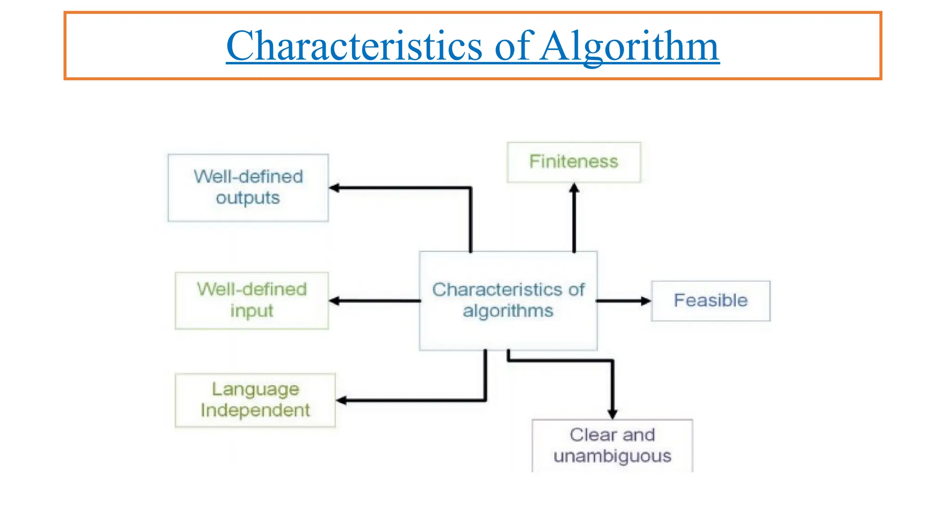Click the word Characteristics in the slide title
pyautogui.click(x=354, y=46)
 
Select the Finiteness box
pyautogui.click(x=574, y=162)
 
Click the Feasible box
pyautogui.click(x=710, y=301)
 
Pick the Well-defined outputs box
pyautogui.click(x=248, y=187)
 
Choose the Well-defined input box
pyautogui.click(x=252, y=300)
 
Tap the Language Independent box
pyautogui.click(x=255, y=400)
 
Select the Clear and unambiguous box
pyautogui.click(x=612, y=445)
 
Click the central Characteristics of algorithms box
pyautogui.click(x=508, y=301)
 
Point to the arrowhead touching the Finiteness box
pyautogui.click(x=574, y=188)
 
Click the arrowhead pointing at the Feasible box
pyautogui.click(x=646, y=301)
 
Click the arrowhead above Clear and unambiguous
pyautogui.click(x=612, y=414)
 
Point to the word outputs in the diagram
pyautogui.click(x=248, y=198)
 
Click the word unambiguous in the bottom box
pyautogui.click(x=612, y=456)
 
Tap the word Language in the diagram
pyautogui.click(x=255, y=389)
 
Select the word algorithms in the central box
pyautogui.click(x=508, y=311)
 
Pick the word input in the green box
pyautogui.click(x=252, y=311)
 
